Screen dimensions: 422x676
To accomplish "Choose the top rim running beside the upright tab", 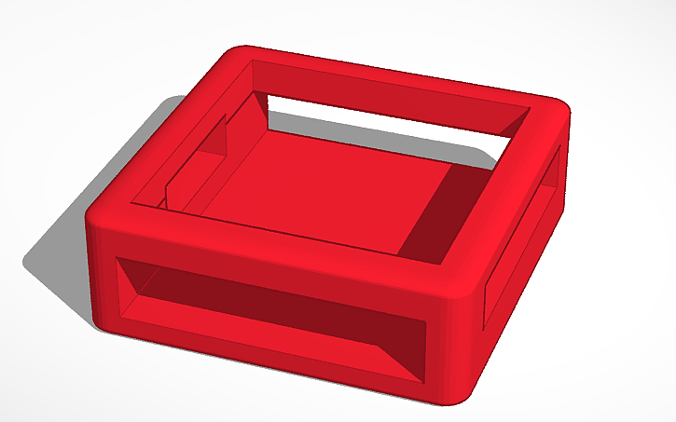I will point(177,140).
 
